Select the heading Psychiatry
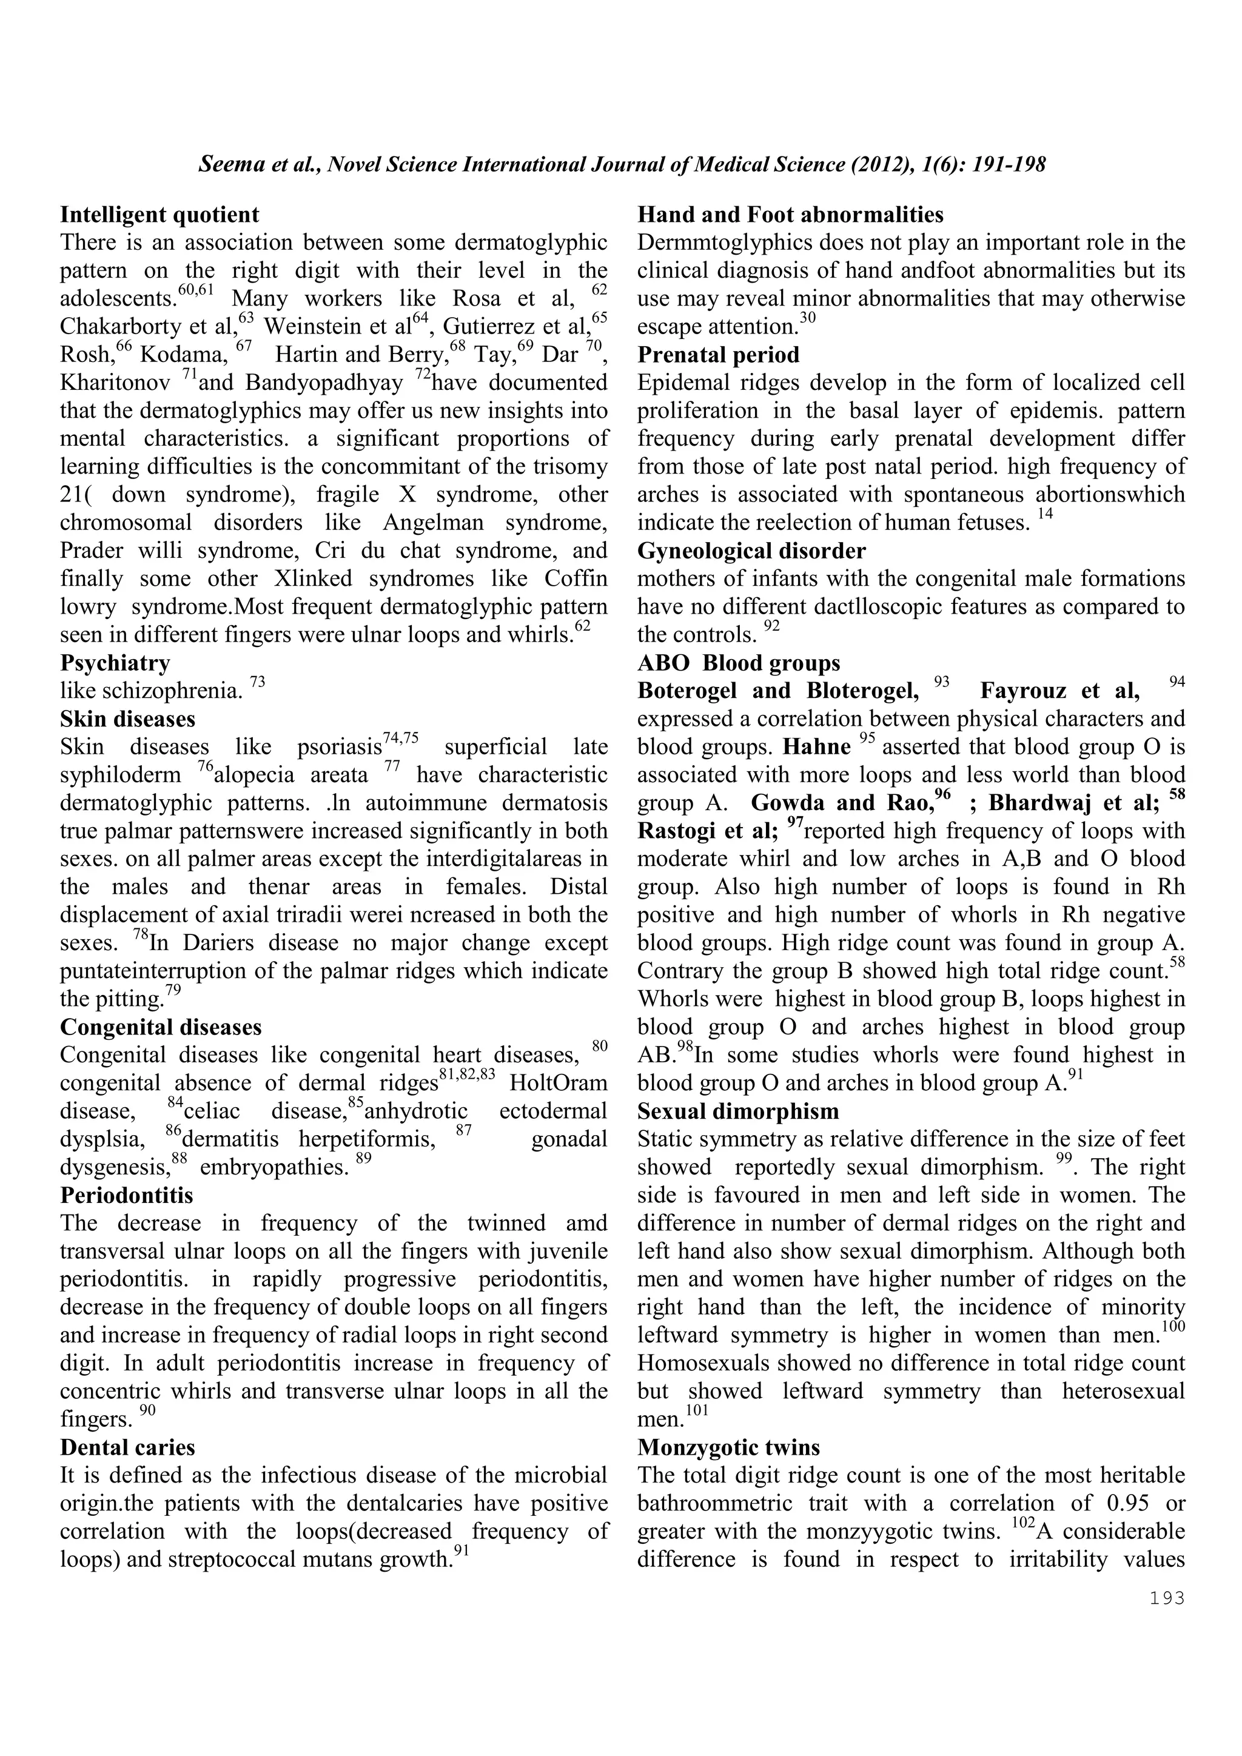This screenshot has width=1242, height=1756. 115,662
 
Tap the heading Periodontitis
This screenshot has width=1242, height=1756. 126,1195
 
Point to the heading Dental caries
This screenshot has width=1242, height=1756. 128,1447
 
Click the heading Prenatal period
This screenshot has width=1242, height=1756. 718,355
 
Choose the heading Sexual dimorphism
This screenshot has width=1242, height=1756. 738,1110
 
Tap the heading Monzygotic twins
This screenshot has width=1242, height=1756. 728,1447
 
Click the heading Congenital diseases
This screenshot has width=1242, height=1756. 161,1027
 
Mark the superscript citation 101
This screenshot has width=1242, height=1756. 697,1410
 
